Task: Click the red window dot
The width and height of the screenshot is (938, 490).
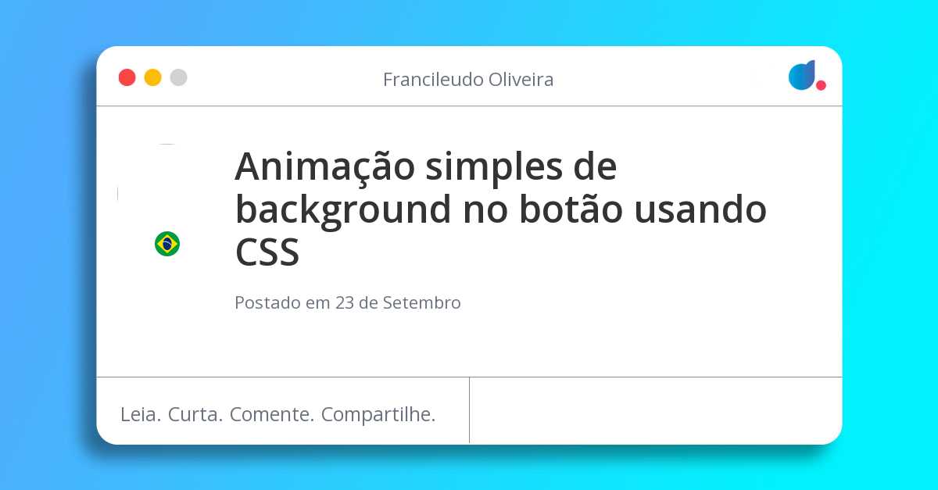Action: (x=127, y=77)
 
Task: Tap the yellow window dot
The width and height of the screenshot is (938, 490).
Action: (x=152, y=77)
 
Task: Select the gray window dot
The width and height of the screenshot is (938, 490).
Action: (x=178, y=77)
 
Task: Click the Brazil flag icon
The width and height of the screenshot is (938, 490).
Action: (x=167, y=244)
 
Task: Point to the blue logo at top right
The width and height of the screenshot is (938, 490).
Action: (x=801, y=75)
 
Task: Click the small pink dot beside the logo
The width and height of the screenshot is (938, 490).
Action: (x=821, y=85)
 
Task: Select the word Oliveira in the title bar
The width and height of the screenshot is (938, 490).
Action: (x=521, y=80)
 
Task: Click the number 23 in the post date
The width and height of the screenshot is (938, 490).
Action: (x=345, y=303)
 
